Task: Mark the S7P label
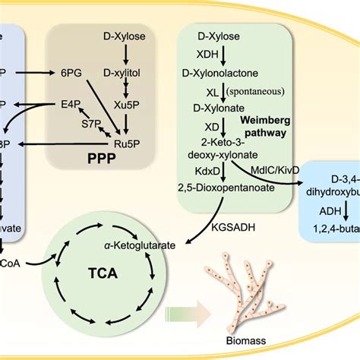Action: pyautogui.click(x=92, y=122)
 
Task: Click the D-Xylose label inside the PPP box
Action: pyautogui.click(x=125, y=36)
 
